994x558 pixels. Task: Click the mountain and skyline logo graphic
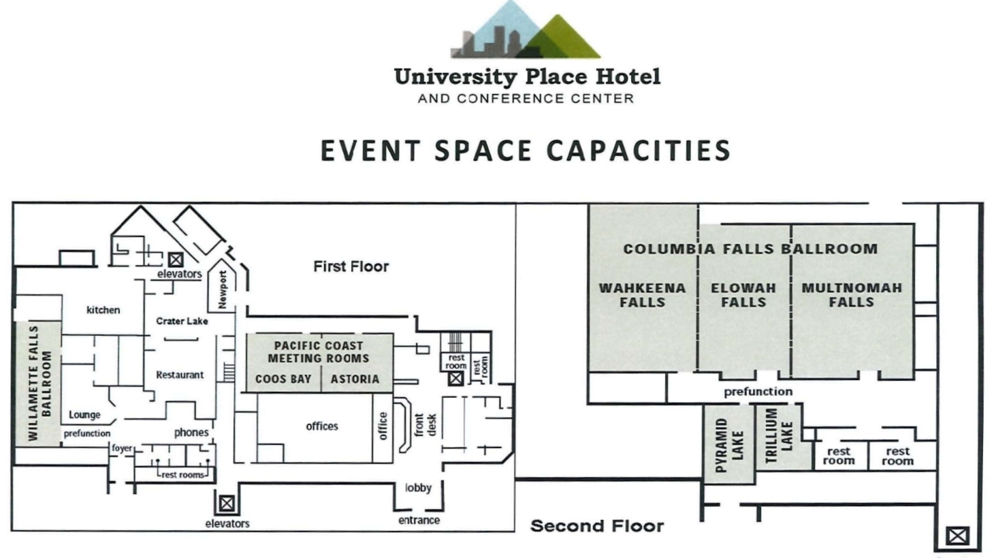526,29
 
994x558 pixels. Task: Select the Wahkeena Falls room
643,288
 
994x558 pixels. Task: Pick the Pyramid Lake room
729,444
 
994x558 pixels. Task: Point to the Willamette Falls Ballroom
39,384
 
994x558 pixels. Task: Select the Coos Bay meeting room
283,379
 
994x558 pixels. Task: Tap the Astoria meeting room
355,379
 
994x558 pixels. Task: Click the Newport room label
223,290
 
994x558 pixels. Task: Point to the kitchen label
103,310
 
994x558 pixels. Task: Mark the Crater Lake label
182,321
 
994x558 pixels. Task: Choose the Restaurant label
180,375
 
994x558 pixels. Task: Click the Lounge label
84,415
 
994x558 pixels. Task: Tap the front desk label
425,425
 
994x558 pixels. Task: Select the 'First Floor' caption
351,266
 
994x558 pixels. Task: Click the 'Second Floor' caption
597,526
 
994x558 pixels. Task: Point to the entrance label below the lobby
419,521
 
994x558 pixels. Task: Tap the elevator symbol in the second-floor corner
957,536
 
